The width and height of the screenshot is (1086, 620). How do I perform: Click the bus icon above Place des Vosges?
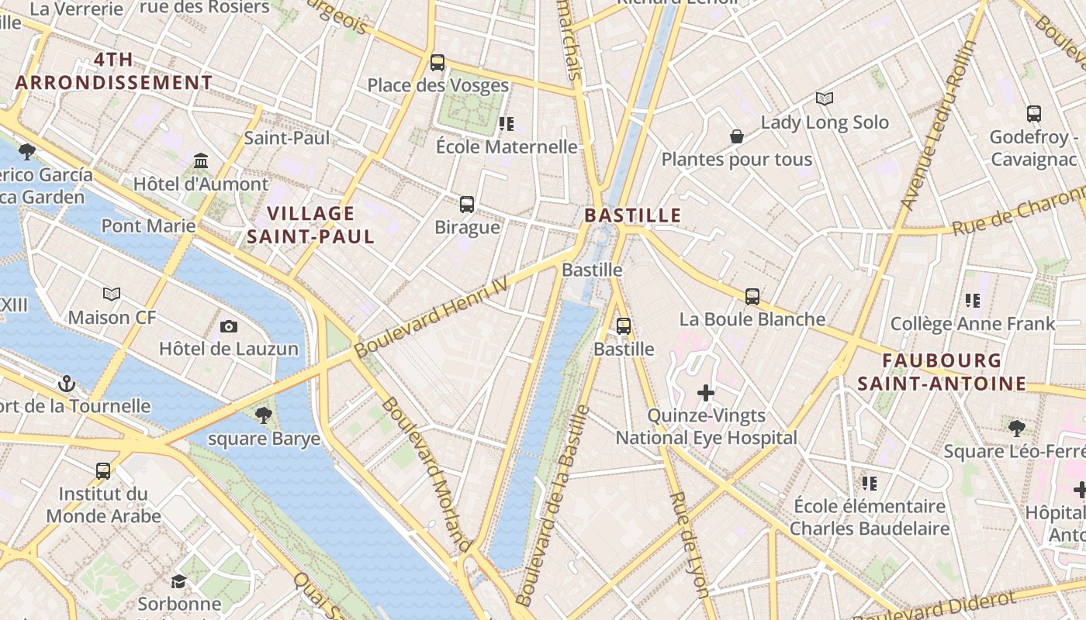click(x=438, y=63)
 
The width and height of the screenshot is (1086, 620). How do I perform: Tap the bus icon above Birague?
click(x=467, y=205)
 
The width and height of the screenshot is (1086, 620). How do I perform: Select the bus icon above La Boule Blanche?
click(x=752, y=296)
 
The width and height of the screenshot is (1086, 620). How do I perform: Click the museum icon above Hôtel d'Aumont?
click(x=201, y=161)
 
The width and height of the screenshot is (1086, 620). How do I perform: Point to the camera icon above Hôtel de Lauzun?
click(x=228, y=326)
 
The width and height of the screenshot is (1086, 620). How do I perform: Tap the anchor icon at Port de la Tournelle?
click(x=67, y=384)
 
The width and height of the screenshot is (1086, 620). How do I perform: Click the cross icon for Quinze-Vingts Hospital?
click(x=706, y=393)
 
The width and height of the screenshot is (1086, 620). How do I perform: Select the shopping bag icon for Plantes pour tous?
click(x=737, y=137)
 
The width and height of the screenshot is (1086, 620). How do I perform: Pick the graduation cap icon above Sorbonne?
click(x=179, y=581)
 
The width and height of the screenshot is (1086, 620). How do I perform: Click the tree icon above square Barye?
click(x=264, y=415)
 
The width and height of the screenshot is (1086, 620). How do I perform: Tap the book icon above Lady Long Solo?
click(x=824, y=99)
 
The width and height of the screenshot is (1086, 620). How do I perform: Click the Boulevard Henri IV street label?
click(x=431, y=318)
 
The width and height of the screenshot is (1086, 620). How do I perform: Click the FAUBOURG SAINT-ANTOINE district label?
click(x=942, y=372)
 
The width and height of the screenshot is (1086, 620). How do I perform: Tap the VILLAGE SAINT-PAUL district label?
click(x=310, y=225)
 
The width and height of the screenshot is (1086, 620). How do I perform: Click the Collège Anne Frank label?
click(x=973, y=324)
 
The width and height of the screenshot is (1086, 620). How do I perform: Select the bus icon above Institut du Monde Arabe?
click(x=103, y=471)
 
